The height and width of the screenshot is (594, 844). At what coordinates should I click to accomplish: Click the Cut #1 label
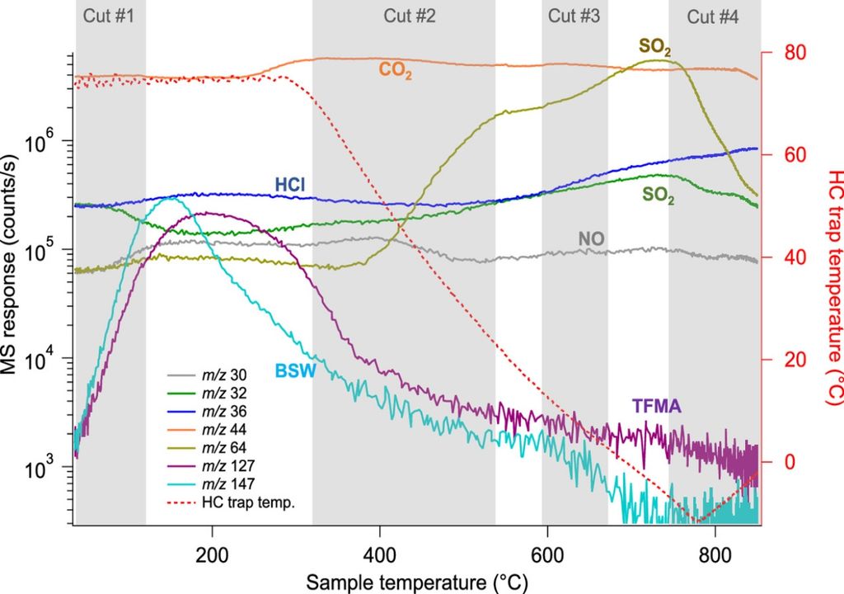coord(110,15)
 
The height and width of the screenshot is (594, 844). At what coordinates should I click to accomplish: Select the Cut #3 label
coord(574,15)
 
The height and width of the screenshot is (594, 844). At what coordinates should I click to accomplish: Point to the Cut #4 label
coord(713,15)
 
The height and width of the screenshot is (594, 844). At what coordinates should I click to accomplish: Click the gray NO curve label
coord(591,239)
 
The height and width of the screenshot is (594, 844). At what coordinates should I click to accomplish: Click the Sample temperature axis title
coord(416,581)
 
